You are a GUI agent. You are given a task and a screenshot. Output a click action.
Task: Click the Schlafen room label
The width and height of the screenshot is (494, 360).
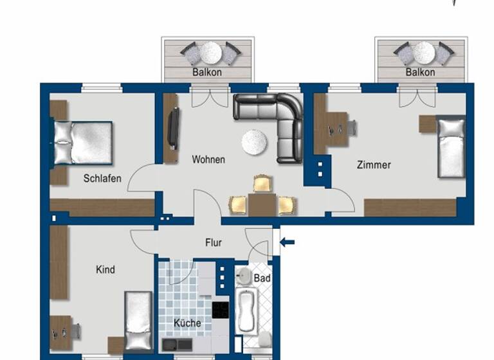pyautogui.click(x=102, y=179)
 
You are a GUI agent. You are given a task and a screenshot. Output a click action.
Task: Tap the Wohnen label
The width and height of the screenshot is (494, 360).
pyautogui.click(x=208, y=159)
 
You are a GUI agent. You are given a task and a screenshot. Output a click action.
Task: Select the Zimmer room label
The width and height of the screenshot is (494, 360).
pyautogui.click(x=374, y=165)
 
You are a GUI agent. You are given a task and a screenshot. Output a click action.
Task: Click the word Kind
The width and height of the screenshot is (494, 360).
pyautogui.click(x=105, y=269)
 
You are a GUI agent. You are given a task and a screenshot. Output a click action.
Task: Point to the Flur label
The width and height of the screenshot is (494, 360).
pyautogui.click(x=214, y=242)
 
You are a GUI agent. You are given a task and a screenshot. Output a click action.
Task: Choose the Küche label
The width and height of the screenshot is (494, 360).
pyautogui.click(x=187, y=323)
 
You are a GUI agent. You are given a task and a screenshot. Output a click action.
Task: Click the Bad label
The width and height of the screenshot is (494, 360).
pyautogui.click(x=262, y=278)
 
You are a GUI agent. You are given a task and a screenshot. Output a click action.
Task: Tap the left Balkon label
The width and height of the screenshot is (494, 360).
pyautogui.click(x=207, y=72)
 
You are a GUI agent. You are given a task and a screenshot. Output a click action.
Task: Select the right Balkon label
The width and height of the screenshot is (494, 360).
pyautogui.click(x=421, y=72)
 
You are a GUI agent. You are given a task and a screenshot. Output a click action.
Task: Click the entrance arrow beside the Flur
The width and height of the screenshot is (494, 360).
pyautogui.click(x=288, y=242)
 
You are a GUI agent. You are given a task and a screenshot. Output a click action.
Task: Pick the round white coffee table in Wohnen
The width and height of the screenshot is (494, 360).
pyautogui.click(x=255, y=142)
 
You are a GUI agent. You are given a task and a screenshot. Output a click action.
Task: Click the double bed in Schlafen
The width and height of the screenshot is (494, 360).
pyautogui.click(x=83, y=143)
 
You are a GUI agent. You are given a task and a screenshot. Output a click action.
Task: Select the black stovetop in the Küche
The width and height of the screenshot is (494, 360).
pyautogui.click(x=221, y=310)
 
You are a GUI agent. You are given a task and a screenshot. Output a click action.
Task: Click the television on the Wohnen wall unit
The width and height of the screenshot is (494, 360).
pyautogui.click(x=173, y=128)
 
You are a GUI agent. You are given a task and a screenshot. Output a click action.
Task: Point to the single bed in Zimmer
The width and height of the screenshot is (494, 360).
pyautogui.click(x=451, y=147)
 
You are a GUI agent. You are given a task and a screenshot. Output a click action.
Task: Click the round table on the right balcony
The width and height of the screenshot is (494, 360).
pyautogui.click(x=423, y=51)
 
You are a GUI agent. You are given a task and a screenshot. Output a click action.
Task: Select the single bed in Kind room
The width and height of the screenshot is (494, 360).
pyautogui.click(x=138, y=320)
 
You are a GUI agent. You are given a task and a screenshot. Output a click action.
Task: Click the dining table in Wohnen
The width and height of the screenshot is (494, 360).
pyautogui.click(x=262, y=205)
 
